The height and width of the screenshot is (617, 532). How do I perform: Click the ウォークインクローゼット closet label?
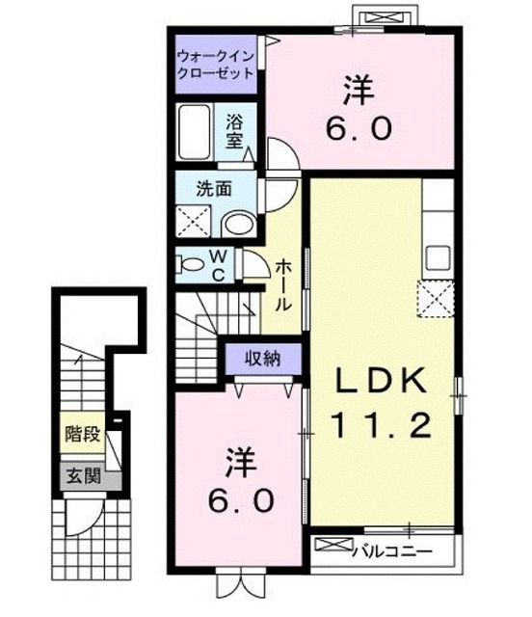point(215,65)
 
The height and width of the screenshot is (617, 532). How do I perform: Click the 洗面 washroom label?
point(214,189)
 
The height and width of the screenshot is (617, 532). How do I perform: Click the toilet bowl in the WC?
point(190,262)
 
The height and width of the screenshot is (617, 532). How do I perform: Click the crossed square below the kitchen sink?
point(437,299)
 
